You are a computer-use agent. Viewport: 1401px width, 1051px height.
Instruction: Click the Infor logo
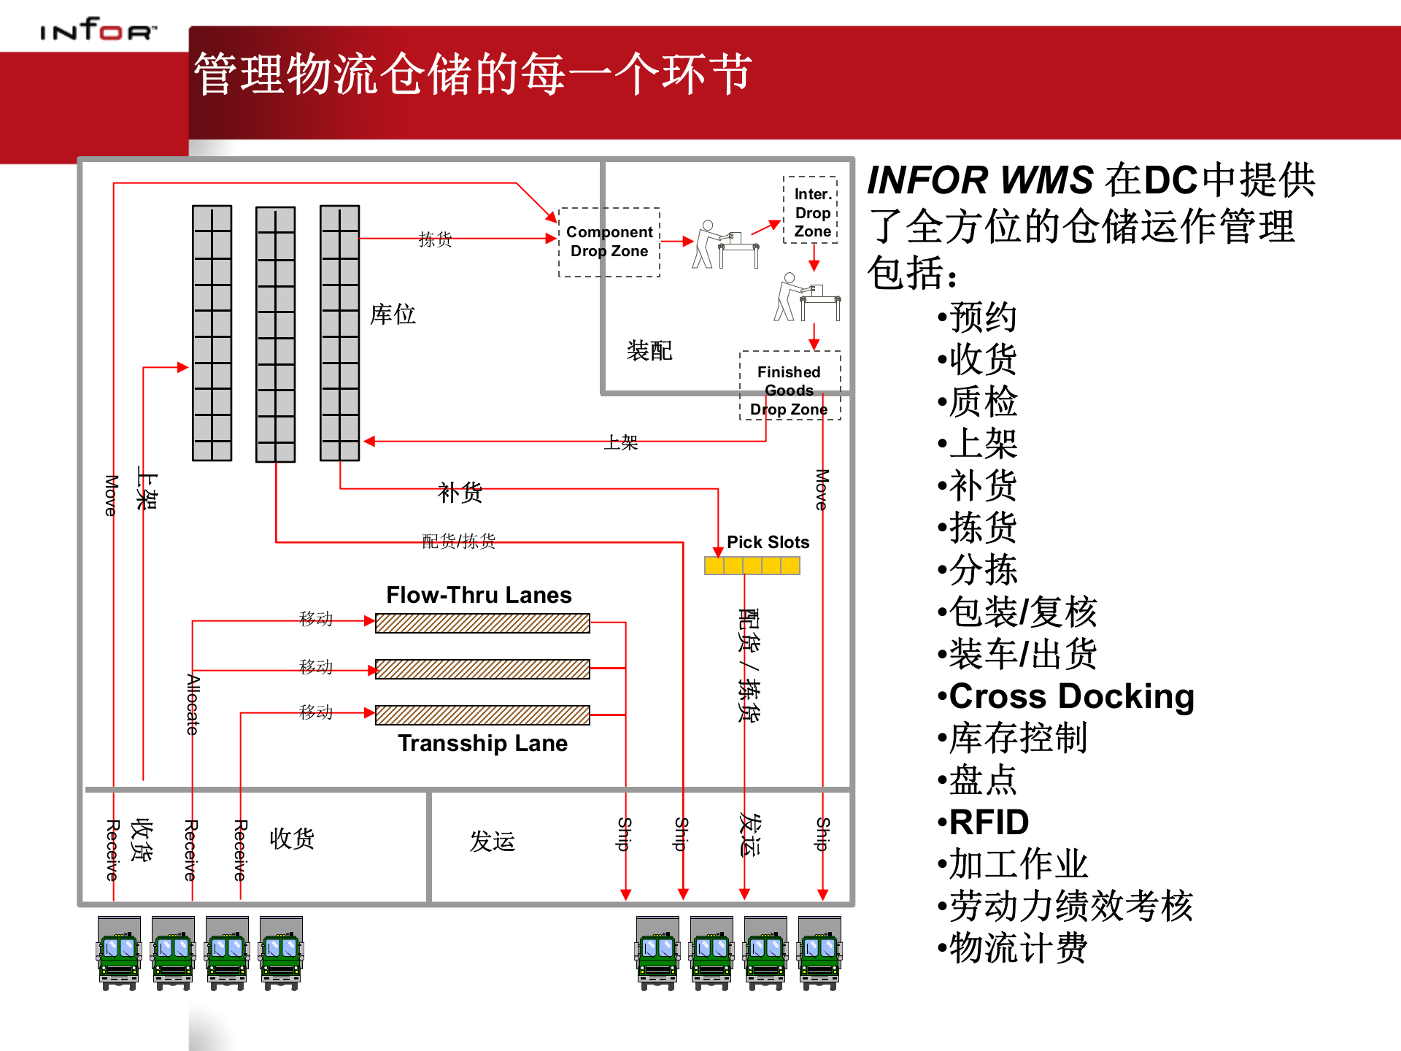click(x=98, y=30)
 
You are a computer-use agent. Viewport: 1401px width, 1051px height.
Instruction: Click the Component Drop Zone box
click(x=609, y=242)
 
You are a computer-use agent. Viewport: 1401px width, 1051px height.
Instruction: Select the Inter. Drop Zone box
click(x=811, y=211)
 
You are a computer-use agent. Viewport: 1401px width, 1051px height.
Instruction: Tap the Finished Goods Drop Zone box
click(x=789, y=386)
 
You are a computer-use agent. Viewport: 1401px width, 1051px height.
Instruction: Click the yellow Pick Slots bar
click(x=752, y=566)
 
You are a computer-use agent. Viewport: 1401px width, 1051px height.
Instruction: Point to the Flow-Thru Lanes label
click(x=479, y=595)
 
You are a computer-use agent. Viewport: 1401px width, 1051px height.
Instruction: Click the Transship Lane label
click(x=482, y=743)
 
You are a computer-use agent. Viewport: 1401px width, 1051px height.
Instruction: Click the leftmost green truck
click(x=119, y=952)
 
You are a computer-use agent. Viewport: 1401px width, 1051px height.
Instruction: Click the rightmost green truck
click(x=819, y=952)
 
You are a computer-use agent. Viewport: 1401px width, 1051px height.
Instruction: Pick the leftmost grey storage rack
click(x=212, y=333)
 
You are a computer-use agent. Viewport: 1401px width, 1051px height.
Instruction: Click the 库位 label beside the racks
click(x=393, y=315)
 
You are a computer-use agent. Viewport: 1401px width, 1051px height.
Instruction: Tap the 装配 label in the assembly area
click(x=649, y=350)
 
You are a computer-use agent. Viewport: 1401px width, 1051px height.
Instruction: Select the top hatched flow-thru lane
click(x=482, y=623)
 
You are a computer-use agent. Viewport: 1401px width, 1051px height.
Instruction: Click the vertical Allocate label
click(x=193, y=704)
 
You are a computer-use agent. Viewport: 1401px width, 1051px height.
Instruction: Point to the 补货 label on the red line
click(x=460, y=493)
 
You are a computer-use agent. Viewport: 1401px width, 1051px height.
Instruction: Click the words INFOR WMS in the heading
click(x=979, y=180)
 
